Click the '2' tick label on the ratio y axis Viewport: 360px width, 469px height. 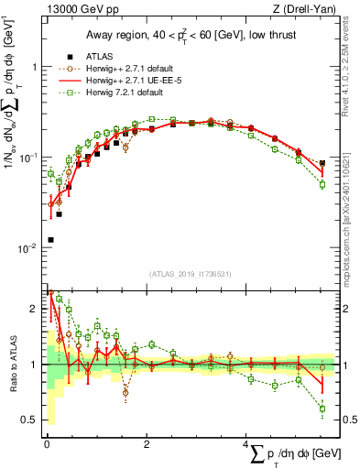tap(34, 310)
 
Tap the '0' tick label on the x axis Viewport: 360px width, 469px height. tap(47, 443)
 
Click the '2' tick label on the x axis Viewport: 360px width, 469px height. tap(147, 443)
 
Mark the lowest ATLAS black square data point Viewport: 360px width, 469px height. tap(50, 240)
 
